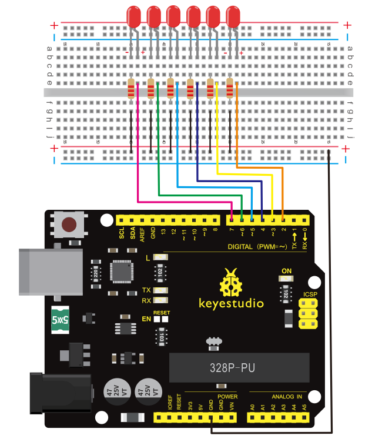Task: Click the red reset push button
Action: tap(70, 224)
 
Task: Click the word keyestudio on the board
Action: tap(231, 303)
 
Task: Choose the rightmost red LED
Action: tap(233, 15)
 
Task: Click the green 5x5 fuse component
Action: tap(61, 320)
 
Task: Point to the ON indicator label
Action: tap(287, 270)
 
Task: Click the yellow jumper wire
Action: tap(217, 141)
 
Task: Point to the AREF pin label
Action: tap(142, 235)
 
